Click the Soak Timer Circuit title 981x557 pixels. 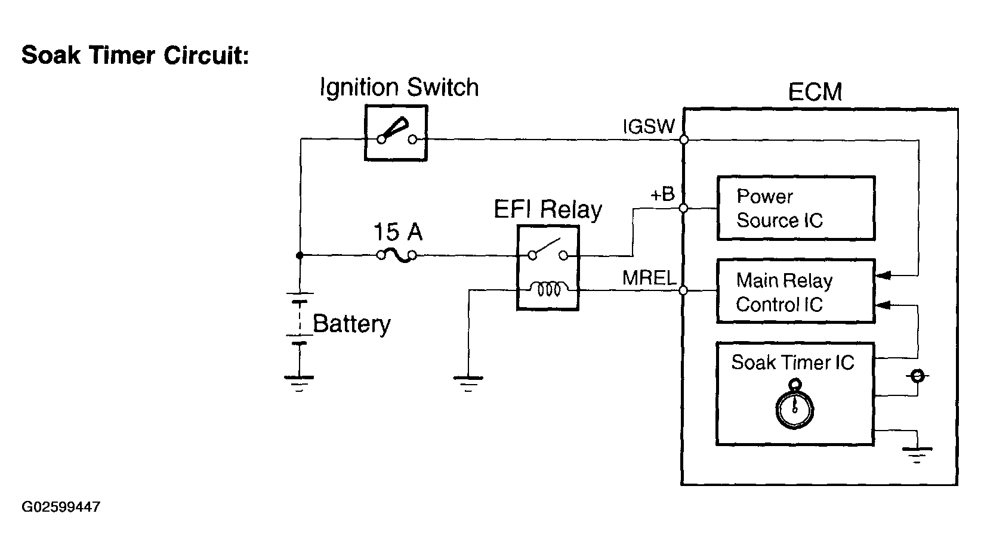(x=135, y=55)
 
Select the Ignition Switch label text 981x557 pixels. (x=399, y=88)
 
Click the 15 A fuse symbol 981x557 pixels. (x=397, y=255)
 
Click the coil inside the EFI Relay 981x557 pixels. (x=549, y=289)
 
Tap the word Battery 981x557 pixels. (x=351, y=324)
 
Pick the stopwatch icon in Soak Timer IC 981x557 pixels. (x=794, y=404)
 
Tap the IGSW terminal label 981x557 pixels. (x=649, y=126)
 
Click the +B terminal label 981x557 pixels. (x=662, y=194)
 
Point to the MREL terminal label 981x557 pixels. (x=649, y=278)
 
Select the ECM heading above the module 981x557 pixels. (x=815, y=92)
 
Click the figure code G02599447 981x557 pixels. (x=61, y=507)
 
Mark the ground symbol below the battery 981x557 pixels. (x=299, y=383)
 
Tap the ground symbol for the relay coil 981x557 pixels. (x=468, y=383)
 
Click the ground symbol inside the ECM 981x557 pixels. (x=917, y=455)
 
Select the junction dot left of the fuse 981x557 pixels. (x=300, y=255)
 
